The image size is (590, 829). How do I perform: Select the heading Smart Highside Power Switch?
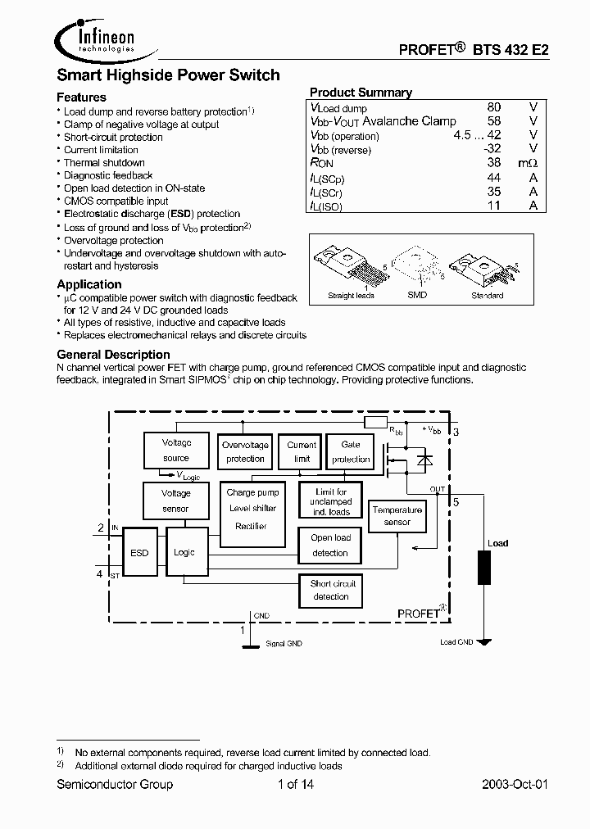coord(168,75)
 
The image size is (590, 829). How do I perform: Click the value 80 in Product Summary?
coord(493,107)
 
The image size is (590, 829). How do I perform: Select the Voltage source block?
coord(175,450)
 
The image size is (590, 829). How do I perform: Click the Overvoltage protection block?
coord(245,451)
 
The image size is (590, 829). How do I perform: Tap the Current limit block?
coord(302,451)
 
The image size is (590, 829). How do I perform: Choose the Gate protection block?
coord(351,451)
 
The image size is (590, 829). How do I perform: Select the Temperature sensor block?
coord(397,516)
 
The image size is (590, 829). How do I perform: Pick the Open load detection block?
coord(330,545)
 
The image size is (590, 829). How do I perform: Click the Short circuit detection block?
coord(331,590)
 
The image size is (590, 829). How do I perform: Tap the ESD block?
coord(139,553)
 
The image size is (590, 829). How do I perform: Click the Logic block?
coord(185,552)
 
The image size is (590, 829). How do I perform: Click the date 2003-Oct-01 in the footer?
coord(515,784)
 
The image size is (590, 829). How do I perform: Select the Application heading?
coord(89,284)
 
